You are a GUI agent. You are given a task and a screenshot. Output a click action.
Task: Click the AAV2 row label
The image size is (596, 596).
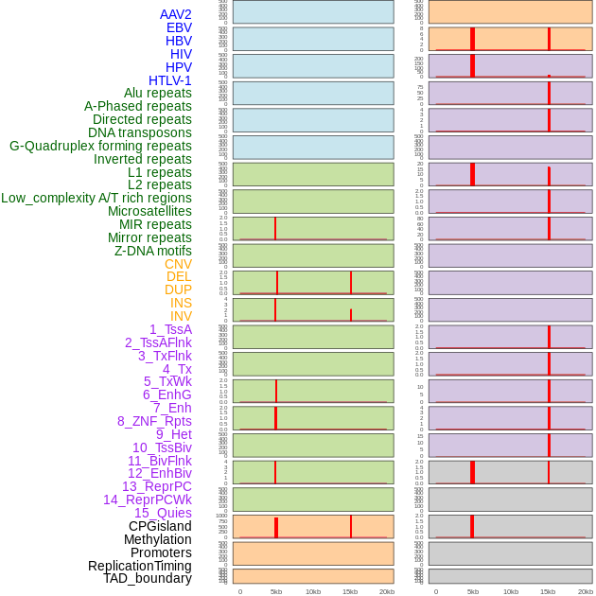[175, 14]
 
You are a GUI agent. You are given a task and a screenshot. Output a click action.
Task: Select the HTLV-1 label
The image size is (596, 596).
[169, 80]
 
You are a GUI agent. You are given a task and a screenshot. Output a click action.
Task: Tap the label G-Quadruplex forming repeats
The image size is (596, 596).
[100, 146]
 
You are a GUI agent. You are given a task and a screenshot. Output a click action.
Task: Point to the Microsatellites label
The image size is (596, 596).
[149, 211]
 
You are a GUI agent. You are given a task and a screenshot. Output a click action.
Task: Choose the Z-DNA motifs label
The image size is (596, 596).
[153, 251]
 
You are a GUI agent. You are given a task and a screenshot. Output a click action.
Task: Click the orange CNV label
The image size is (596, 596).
[178, 264]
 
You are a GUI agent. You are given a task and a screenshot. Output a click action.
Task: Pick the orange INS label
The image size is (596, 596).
[181, 303]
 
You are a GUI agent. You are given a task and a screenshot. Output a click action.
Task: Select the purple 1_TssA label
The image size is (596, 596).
[170, 329]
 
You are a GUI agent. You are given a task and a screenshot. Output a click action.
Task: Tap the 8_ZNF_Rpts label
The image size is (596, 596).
[154, 421]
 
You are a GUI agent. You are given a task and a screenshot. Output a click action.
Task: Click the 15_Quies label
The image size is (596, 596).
[162, 513]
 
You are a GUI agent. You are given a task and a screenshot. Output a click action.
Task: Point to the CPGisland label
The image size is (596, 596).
[160, 526]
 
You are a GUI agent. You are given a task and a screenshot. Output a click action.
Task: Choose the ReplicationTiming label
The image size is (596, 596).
[139, 566]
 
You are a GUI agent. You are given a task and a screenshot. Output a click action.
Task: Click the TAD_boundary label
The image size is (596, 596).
[147, 578]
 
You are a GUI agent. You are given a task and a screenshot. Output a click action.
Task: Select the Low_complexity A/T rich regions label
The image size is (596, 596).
[96, 198]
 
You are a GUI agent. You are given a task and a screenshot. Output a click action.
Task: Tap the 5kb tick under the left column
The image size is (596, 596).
[276, 591]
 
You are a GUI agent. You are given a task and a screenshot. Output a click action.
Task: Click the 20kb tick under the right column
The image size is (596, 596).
[586, 591]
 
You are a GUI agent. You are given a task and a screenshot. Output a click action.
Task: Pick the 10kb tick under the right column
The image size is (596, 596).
[509, 591]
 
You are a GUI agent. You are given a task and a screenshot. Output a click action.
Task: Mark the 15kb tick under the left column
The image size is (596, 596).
[349, 591]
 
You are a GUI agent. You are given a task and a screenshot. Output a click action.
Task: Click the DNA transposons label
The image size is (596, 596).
[140, 132]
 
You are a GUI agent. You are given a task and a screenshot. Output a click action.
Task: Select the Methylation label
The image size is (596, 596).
[157, 539]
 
